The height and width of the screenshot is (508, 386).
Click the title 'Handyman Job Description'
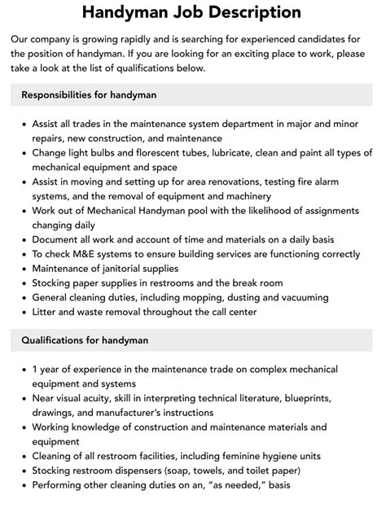[x=192, y=12]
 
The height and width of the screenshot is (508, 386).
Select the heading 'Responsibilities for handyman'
[x=89, y=95]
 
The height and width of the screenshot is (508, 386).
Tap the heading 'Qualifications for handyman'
[x=85, y=339]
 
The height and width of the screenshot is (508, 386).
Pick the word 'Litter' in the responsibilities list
[x=46, y=312]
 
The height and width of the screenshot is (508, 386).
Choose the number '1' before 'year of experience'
[x=35, y=369]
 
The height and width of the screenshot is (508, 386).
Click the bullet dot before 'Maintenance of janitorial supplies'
[x=22, y=269]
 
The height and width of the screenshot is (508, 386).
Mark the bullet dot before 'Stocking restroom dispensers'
[x=22, y=471]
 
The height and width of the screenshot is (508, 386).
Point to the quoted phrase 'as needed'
[x=263, y=485]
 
